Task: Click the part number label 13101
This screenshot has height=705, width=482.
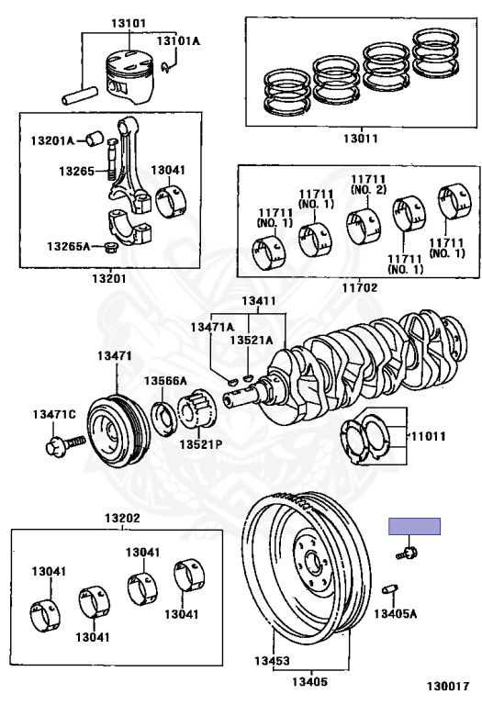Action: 129,23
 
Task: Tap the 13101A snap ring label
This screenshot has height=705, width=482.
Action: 178,41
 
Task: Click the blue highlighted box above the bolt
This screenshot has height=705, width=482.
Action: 414,526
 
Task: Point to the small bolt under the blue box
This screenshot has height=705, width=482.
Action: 406,552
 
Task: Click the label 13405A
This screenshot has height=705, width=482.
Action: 395,613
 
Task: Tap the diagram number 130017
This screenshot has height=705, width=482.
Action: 448,686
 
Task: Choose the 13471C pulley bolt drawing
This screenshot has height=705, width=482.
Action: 65,443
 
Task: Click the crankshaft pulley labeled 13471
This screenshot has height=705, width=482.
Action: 118,426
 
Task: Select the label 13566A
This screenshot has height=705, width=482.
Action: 165,381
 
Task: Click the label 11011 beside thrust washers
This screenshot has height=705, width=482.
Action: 428,436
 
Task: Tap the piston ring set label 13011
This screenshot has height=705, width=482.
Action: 361,139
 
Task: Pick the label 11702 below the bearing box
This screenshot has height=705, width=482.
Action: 360,287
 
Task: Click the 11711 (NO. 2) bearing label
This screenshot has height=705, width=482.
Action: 368,185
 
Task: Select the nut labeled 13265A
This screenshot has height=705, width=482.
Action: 109,247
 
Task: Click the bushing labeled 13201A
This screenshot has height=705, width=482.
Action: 95,139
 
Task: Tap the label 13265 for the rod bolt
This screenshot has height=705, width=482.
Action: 76,171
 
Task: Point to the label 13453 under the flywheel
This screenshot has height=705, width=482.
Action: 272,661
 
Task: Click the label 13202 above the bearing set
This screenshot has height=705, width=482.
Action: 122,518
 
